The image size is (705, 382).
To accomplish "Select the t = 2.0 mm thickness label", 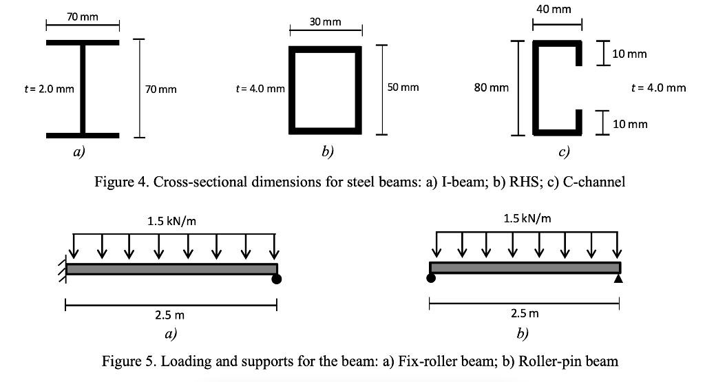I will [x=48, y=88].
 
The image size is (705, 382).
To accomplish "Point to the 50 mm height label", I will [x=403, y=88].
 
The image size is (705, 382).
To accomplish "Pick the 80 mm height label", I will [x=492, y=88].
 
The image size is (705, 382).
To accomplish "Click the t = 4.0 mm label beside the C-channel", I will [x=659, y=88].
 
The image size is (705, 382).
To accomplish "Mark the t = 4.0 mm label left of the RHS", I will [x=260, y=88].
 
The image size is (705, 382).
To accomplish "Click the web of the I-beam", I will [x=83, y=88].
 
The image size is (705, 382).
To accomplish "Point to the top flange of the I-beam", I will [x=83, y=43].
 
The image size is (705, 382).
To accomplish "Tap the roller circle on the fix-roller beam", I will [x=277, y=279].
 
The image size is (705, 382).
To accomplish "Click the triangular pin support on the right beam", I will [x=618, y=279].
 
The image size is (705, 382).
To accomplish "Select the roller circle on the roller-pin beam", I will [x=432, y=279].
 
